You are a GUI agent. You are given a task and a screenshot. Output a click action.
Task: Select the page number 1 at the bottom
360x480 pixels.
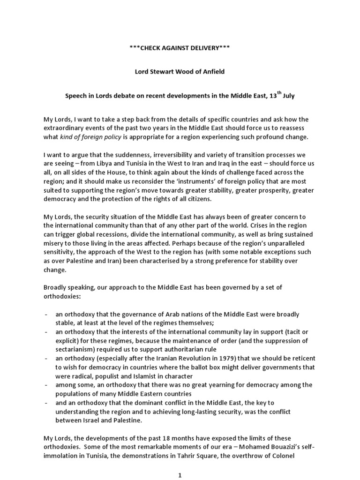(180, 474)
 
